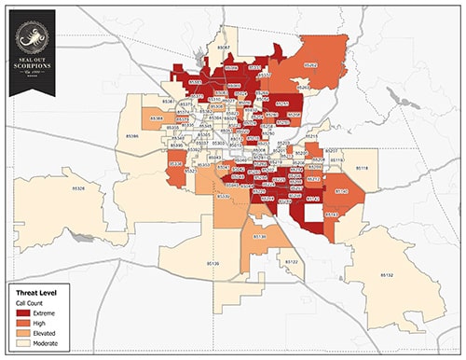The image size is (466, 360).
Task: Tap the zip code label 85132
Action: point(388,274)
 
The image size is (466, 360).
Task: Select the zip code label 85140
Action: point(342,191)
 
